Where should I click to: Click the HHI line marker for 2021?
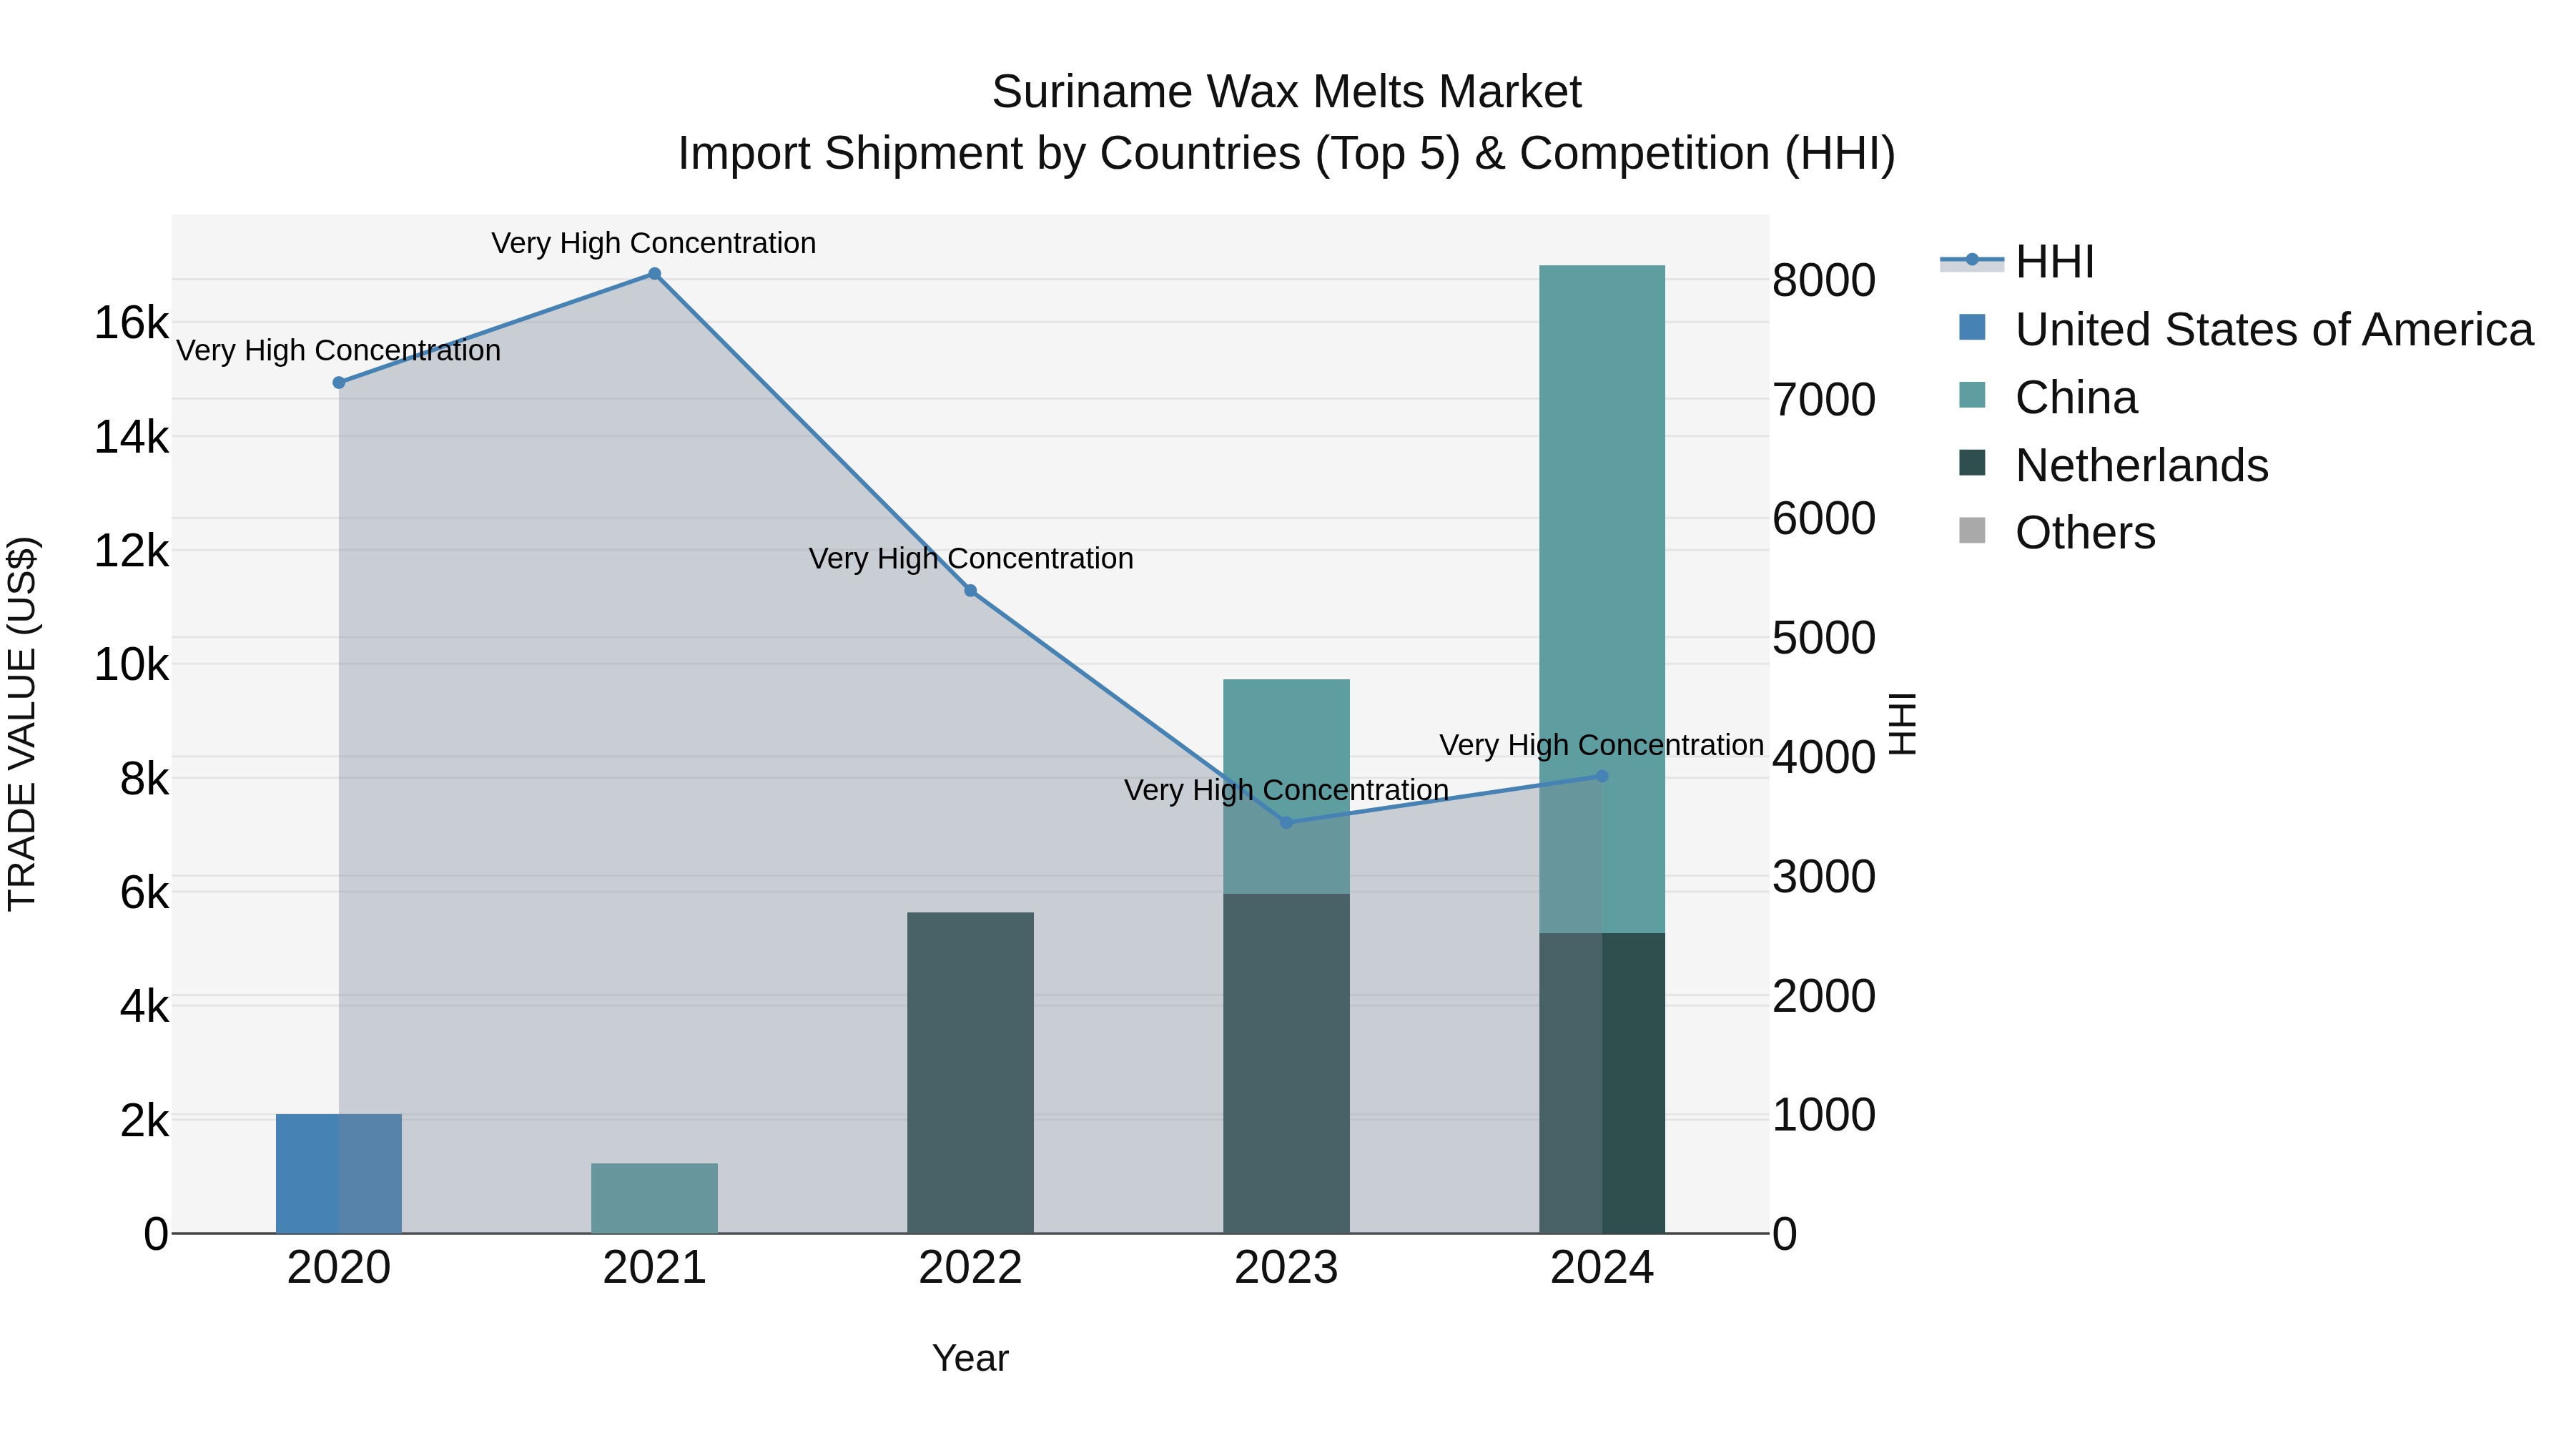[x=654, y=274]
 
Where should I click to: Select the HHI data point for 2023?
[x=1286, y=822]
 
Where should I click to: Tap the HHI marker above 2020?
[x=339, y=383]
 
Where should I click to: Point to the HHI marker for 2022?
[x=970, y=591]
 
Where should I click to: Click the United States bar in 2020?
[x=339, y=1173]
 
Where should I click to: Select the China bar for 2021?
[x=654, y=1198]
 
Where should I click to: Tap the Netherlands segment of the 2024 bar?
[x=1602, y=1083]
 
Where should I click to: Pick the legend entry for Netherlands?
[x=2141, y=466]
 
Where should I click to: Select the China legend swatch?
[x=1973, y=395]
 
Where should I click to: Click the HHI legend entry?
[x=2053, y=262]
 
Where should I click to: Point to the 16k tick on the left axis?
[x=131, y=322]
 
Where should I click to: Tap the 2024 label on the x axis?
[x=1602, y=1268]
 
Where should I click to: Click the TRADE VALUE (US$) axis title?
[x=22, y=724]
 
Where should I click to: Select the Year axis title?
[x=970, y=1358]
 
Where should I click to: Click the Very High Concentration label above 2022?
[x=970, y=558]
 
